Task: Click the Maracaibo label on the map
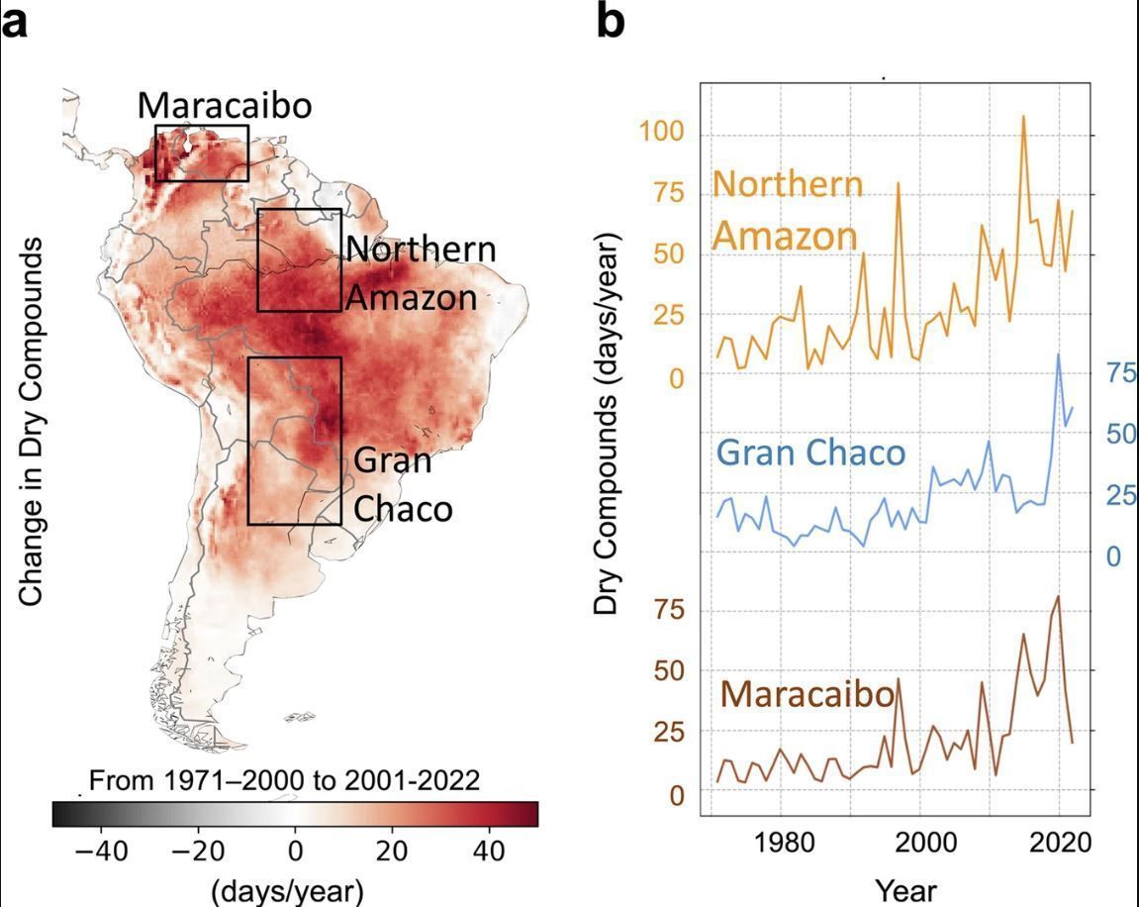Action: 225,105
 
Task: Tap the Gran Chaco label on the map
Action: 403,485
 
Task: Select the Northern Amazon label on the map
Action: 421,273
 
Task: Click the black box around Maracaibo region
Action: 202,126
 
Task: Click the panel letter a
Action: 15,22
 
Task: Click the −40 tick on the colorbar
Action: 102,851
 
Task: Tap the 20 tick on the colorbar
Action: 392,851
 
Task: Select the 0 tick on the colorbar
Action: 295,851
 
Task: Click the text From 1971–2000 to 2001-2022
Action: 284,780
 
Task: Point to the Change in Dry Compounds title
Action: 31,422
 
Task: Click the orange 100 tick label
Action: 661,133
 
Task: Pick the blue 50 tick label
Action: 1121,434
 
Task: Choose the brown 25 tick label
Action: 669,732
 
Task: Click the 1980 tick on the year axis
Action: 783,843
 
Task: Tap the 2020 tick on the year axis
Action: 1061,843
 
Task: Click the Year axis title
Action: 905,890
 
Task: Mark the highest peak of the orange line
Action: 1024,116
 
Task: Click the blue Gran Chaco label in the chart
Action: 810,453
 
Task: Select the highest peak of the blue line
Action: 1058,353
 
